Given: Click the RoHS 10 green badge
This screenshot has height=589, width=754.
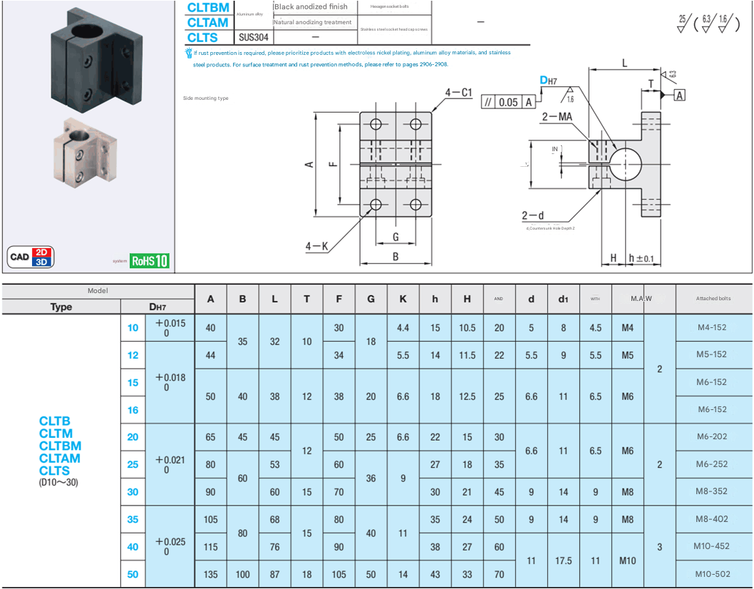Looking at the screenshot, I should (x=150, y=260).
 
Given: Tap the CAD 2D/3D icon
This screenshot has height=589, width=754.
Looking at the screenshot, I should (x=31, y=257).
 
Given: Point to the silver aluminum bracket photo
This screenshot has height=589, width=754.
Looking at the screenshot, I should (x=85, y=153).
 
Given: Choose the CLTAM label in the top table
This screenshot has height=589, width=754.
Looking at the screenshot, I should (x=207, y=22).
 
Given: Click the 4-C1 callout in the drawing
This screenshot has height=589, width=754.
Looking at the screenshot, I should (x=458, y=93).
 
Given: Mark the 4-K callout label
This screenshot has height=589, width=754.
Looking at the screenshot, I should (x=316, y=247).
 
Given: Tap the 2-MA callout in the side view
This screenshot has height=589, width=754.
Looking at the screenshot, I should (x=557, y=115).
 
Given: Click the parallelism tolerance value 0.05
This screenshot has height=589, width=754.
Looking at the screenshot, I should (x=508, y=102).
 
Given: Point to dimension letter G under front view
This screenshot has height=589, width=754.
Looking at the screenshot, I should (x=395, y=237).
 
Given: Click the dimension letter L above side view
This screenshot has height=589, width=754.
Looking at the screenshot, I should (x=624, y=63).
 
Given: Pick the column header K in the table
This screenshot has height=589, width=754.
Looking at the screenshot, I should (x=403, y=299).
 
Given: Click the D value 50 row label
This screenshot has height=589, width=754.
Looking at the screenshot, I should (x=133, y=574).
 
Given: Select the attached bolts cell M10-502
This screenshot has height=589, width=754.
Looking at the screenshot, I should (x=711, y=574).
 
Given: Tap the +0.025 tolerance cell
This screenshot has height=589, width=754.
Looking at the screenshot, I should (x=170, y=546).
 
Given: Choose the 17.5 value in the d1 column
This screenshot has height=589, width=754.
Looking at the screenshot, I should (x=563, y=560).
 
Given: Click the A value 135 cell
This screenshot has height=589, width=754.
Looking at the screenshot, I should (x=210, y=574).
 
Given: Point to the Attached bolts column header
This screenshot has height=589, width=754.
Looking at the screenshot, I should (x=713, y=299).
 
